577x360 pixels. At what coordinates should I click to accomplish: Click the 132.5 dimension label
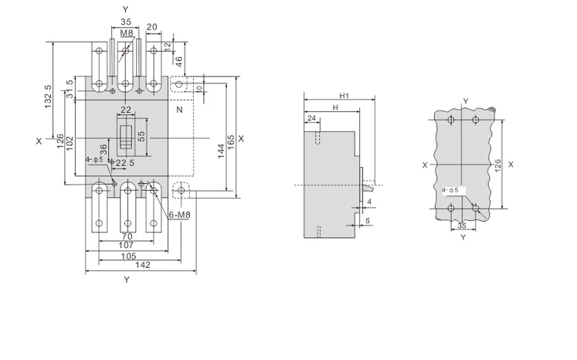[48, 97]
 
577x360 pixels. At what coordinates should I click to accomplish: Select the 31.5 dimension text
[70, 89]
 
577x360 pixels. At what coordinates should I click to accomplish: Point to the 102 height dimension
[70, 144]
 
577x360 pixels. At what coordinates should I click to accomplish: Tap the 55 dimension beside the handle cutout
[141, 136]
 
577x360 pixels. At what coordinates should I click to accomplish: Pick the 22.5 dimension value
[125, 163]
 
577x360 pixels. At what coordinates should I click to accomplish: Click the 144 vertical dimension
[221, 151]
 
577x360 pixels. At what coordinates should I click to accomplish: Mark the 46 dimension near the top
[179, 61]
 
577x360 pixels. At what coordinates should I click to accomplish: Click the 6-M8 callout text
[179, 215]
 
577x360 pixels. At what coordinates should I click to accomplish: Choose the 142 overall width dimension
[143, 265]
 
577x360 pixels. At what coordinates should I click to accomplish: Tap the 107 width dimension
[126, 245]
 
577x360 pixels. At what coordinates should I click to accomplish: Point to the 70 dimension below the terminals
[127, 236]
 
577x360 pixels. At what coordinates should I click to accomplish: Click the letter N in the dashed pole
[179, 110]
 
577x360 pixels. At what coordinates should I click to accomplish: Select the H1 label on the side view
[344, 96]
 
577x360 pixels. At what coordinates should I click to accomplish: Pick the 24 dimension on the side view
[312, 118]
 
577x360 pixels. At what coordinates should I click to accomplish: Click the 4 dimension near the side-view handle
[369, 202]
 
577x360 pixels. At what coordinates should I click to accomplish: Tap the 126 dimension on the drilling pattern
[497, 165]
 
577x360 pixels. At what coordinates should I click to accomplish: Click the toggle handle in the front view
[126, 137]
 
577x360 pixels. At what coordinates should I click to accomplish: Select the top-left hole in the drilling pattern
[451, 119]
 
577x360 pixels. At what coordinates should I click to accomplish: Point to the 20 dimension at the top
[152, 27]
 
